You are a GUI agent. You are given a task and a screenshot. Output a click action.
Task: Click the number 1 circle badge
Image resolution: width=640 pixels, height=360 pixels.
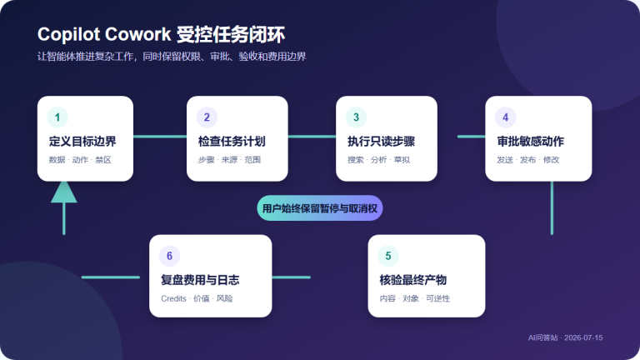click(57, 117)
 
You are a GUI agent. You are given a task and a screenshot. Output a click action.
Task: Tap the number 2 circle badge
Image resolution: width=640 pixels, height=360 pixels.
click(207, 117)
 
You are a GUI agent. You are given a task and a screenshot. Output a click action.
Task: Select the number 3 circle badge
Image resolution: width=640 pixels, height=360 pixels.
click(356, 117)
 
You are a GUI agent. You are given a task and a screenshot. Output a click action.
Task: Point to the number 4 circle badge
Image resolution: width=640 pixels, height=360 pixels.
click(505, 117)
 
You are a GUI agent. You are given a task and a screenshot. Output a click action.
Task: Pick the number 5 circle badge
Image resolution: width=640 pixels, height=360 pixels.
click(388, 256)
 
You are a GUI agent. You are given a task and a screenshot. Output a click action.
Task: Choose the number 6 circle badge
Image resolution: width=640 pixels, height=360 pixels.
click(169, 256)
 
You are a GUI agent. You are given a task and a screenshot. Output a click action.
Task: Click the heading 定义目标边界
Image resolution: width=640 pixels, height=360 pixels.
click(82, 141)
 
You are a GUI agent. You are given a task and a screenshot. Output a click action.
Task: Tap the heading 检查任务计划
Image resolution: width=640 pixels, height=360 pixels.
click(232, 141)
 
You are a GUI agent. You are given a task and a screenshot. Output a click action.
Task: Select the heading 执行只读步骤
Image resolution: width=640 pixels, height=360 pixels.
click(381, 141)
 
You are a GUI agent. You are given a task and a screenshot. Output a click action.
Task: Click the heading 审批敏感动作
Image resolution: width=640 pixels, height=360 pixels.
click(531, 141)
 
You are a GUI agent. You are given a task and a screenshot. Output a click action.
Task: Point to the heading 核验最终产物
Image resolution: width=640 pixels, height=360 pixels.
click(413, 280)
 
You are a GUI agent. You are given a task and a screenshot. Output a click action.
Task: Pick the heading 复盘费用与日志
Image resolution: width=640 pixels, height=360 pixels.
click(200, 280)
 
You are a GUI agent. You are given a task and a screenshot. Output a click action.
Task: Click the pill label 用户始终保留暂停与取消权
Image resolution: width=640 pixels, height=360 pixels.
click(320, 208)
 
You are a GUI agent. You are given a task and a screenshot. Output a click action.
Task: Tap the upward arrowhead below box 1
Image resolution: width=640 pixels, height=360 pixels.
click(64, 192)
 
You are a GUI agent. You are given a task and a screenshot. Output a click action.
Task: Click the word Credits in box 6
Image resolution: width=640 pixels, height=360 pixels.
click(173, 298)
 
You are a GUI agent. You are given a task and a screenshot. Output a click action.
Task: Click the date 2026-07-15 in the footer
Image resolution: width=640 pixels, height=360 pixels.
click(583, 337)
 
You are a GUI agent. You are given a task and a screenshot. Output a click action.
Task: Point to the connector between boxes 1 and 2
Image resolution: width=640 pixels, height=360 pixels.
click(160, 137)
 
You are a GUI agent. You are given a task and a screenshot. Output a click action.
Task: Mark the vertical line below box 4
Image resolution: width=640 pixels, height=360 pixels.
click(552, 207)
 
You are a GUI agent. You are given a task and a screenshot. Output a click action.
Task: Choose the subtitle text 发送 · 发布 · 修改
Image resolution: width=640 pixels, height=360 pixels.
click(527, 160)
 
